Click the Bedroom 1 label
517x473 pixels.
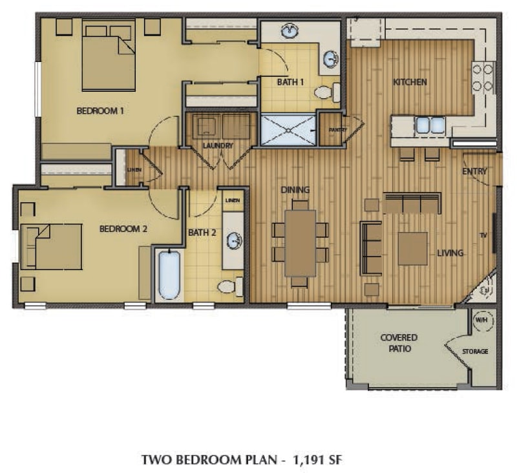point(100,110)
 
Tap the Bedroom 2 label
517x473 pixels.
point(124,229)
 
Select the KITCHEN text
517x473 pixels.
point(410,82)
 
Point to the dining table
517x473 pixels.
point(300,243)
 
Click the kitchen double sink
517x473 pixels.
point(430,125)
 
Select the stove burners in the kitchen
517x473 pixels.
point(483,77)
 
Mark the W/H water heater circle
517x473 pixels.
point(481,320)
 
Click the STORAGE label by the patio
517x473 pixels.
point(475,352)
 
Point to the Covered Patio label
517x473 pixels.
point(399,343)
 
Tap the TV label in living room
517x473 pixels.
point(482,235)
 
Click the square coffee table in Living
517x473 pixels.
point(412,249)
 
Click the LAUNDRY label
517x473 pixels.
point(217,145)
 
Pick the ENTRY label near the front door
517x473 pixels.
point(474,171)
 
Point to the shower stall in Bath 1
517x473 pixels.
point(288,129)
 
